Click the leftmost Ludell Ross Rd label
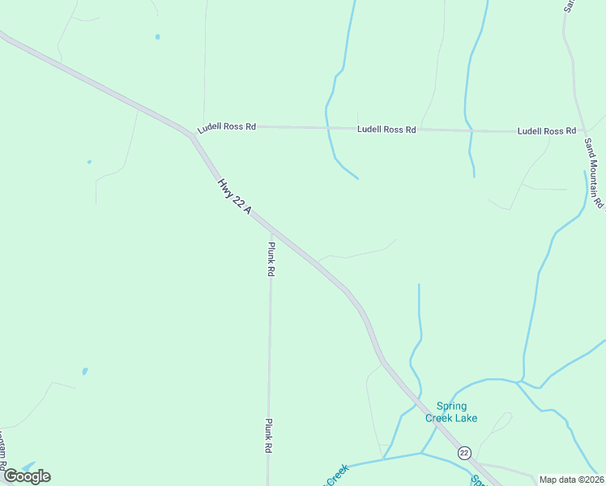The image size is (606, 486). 227,128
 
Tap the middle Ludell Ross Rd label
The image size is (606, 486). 387,130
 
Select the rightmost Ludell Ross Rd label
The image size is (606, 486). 547,130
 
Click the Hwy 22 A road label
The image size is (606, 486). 235,197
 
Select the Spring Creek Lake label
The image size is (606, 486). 451,412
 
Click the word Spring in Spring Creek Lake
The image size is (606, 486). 452,407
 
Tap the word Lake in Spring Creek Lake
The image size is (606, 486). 466,419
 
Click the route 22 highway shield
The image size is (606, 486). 463,452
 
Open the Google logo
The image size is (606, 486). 27,476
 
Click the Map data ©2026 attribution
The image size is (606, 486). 572,480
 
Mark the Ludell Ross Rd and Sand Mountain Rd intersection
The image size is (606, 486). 579,131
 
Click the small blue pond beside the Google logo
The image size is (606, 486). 28,467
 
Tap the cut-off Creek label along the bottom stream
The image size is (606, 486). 337,471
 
